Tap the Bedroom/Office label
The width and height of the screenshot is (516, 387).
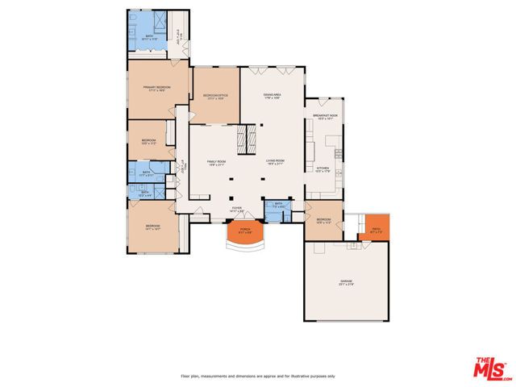[215, 97]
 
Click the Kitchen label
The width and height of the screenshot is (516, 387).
[322, 170]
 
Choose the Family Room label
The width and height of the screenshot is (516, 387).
[215, 163]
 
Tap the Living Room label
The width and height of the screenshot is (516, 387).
[275, 163]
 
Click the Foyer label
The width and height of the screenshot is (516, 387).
[237, 209]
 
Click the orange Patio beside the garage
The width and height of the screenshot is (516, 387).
[376, 229]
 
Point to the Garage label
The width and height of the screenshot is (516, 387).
[346, 283]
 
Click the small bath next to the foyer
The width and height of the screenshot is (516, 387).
[277, 207]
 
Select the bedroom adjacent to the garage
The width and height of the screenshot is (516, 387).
[322, 222]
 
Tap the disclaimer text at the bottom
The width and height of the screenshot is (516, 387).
[258, 377]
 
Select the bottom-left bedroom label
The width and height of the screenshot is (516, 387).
[153, 227]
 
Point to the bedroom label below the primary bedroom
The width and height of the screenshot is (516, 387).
[148, 142]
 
